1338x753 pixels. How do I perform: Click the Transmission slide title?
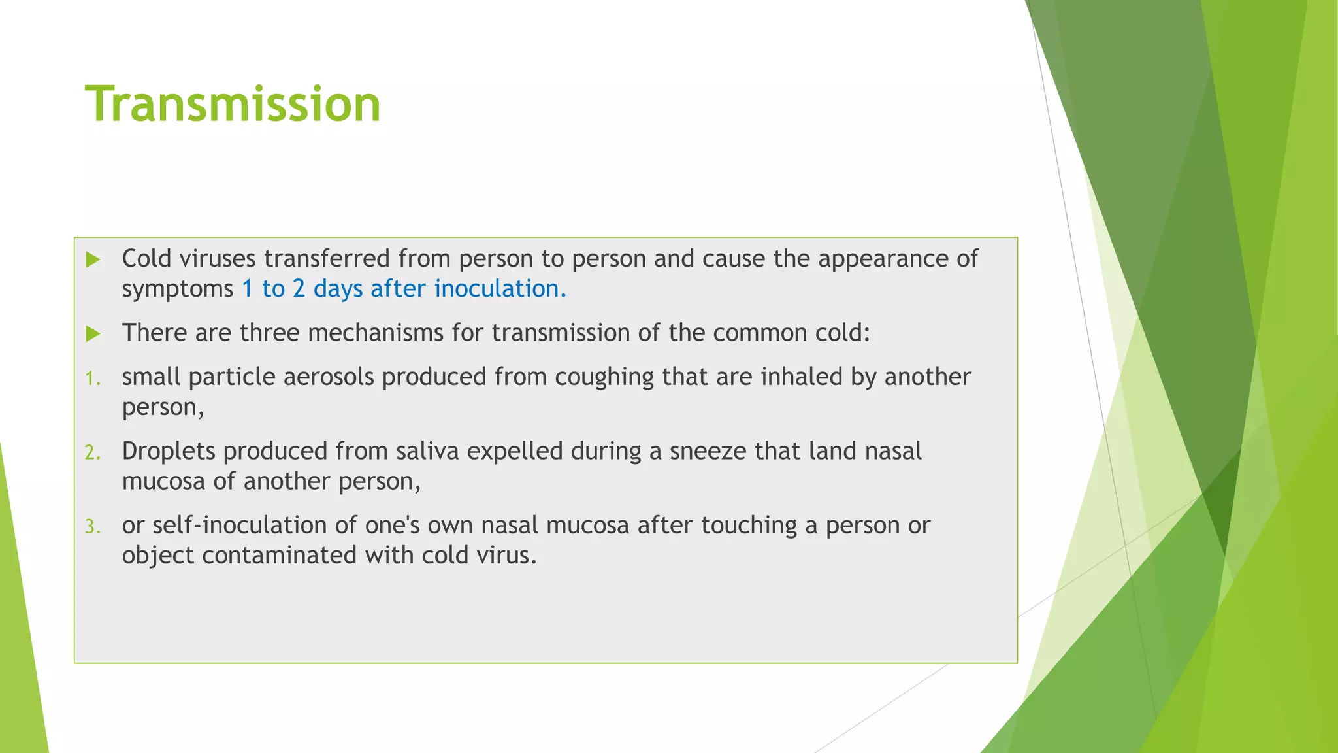click(233, 105)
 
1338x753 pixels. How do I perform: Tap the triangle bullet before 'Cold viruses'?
click(93, 259)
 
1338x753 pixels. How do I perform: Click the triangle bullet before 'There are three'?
click(93, 334)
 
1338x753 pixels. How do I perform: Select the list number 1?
click(93, 378)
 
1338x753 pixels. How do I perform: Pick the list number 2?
click(93, 452)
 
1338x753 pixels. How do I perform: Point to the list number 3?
click(93, 527)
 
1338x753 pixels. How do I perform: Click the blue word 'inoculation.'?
click(500, 289)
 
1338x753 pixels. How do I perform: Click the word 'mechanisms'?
click(375, 333)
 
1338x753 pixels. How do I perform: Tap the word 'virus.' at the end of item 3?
click(507, 556)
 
